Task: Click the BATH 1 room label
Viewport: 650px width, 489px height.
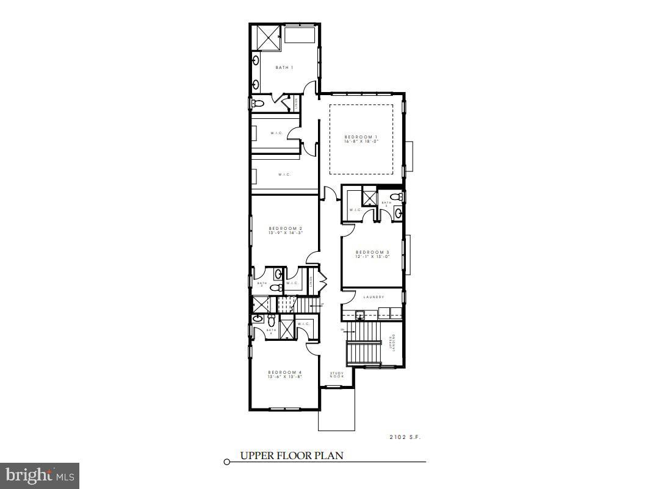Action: [x=284, y=67]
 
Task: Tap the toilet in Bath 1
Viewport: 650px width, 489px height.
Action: [x=257, y=103]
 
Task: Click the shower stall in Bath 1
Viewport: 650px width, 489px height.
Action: [x=267, y=37]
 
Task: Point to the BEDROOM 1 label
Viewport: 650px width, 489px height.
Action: [x=361, y=137]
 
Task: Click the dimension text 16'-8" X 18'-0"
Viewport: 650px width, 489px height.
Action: [x=361, y=141]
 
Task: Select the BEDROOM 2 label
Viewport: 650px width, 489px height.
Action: [x=286, y=228]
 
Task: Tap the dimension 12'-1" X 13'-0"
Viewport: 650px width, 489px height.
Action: [x=372, y=257]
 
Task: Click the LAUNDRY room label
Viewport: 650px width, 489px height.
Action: [x=373, y=297]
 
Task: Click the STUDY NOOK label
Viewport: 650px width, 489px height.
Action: [x=337, y=375]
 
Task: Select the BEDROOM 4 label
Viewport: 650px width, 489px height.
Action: [x=284, y=372]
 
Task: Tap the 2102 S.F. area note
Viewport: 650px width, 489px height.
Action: [x=405, y=437]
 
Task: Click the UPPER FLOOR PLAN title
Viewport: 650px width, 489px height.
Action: [x=291, y=455]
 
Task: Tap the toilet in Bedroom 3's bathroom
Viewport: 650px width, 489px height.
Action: [x=397, y=196]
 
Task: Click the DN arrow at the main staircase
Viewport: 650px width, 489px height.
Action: [x=343, y=330]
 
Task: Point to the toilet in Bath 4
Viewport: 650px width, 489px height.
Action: [x=271, y=317]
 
